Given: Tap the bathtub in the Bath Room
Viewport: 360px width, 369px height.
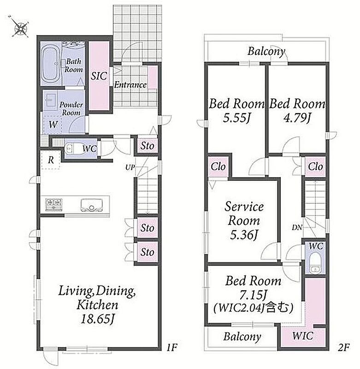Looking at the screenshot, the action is pyautogui.click(x=50, y=64).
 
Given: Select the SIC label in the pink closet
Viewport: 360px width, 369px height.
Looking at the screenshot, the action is pyautogui.click(x=99, y=76).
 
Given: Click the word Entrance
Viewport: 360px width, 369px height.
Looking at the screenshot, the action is pyautogui.click(x=130, y=85).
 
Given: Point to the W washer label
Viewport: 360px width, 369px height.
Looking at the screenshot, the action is pyautogui.click(x=53, y=124).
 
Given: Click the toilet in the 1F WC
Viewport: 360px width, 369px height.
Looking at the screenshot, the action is pyautogui.click(x=72, y=149).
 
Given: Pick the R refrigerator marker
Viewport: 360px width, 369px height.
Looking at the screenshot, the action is pyautogui.click(x=51, y=160).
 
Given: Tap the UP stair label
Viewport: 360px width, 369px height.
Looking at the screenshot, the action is pyautogui.click(x=130, y=167).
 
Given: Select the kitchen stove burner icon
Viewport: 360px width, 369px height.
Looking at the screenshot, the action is pyautogui.click(x=54, y=204).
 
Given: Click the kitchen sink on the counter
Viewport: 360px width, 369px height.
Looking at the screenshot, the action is pyautogui.click(x=91, y=205).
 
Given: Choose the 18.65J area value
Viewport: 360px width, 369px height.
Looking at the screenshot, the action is pyautogui.click(x=97, y=319).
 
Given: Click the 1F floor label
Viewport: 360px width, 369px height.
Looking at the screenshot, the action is pyautogui.click(x=172, y=347).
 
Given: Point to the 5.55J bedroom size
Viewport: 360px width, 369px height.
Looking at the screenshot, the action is pyautogui.click(x=236, y=118).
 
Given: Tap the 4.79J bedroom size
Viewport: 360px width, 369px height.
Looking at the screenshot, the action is pyautogui.click(x=297, y=118).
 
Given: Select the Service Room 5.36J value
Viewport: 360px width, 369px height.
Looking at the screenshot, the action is pyautogui.click(x=244, y=235).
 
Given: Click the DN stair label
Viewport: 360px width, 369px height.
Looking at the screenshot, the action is pyautogui.click(x=297, y=227).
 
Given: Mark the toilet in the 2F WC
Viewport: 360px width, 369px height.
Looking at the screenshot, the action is pyautogui.click(x=315, y=263).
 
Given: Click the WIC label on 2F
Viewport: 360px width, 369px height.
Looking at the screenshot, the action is pyautogui.click(x=303, y=336).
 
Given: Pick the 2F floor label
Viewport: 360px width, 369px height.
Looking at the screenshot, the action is pyautogui.click(x=344, y=347).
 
